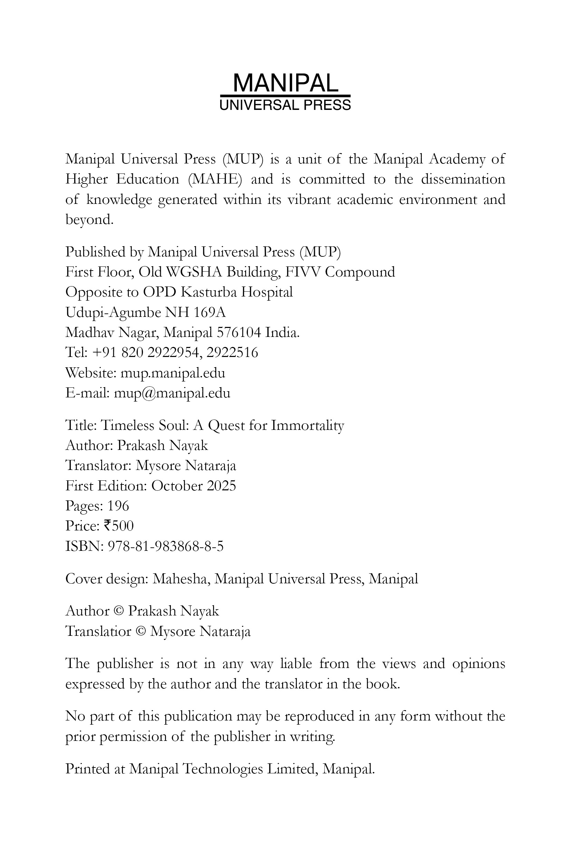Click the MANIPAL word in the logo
[285, 83]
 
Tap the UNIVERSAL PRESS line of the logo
[285, 105]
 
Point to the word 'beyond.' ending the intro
[89, 219]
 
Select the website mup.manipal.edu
[173, 373]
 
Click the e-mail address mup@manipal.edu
[172, 393]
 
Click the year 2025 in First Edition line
[221, 486]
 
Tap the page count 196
[118, 506]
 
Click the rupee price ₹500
[119, 526]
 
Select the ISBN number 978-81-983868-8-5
[166, 546]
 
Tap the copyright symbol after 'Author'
[119, 611]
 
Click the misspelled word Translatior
[98, 631]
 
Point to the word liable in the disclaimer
[296, 664]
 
